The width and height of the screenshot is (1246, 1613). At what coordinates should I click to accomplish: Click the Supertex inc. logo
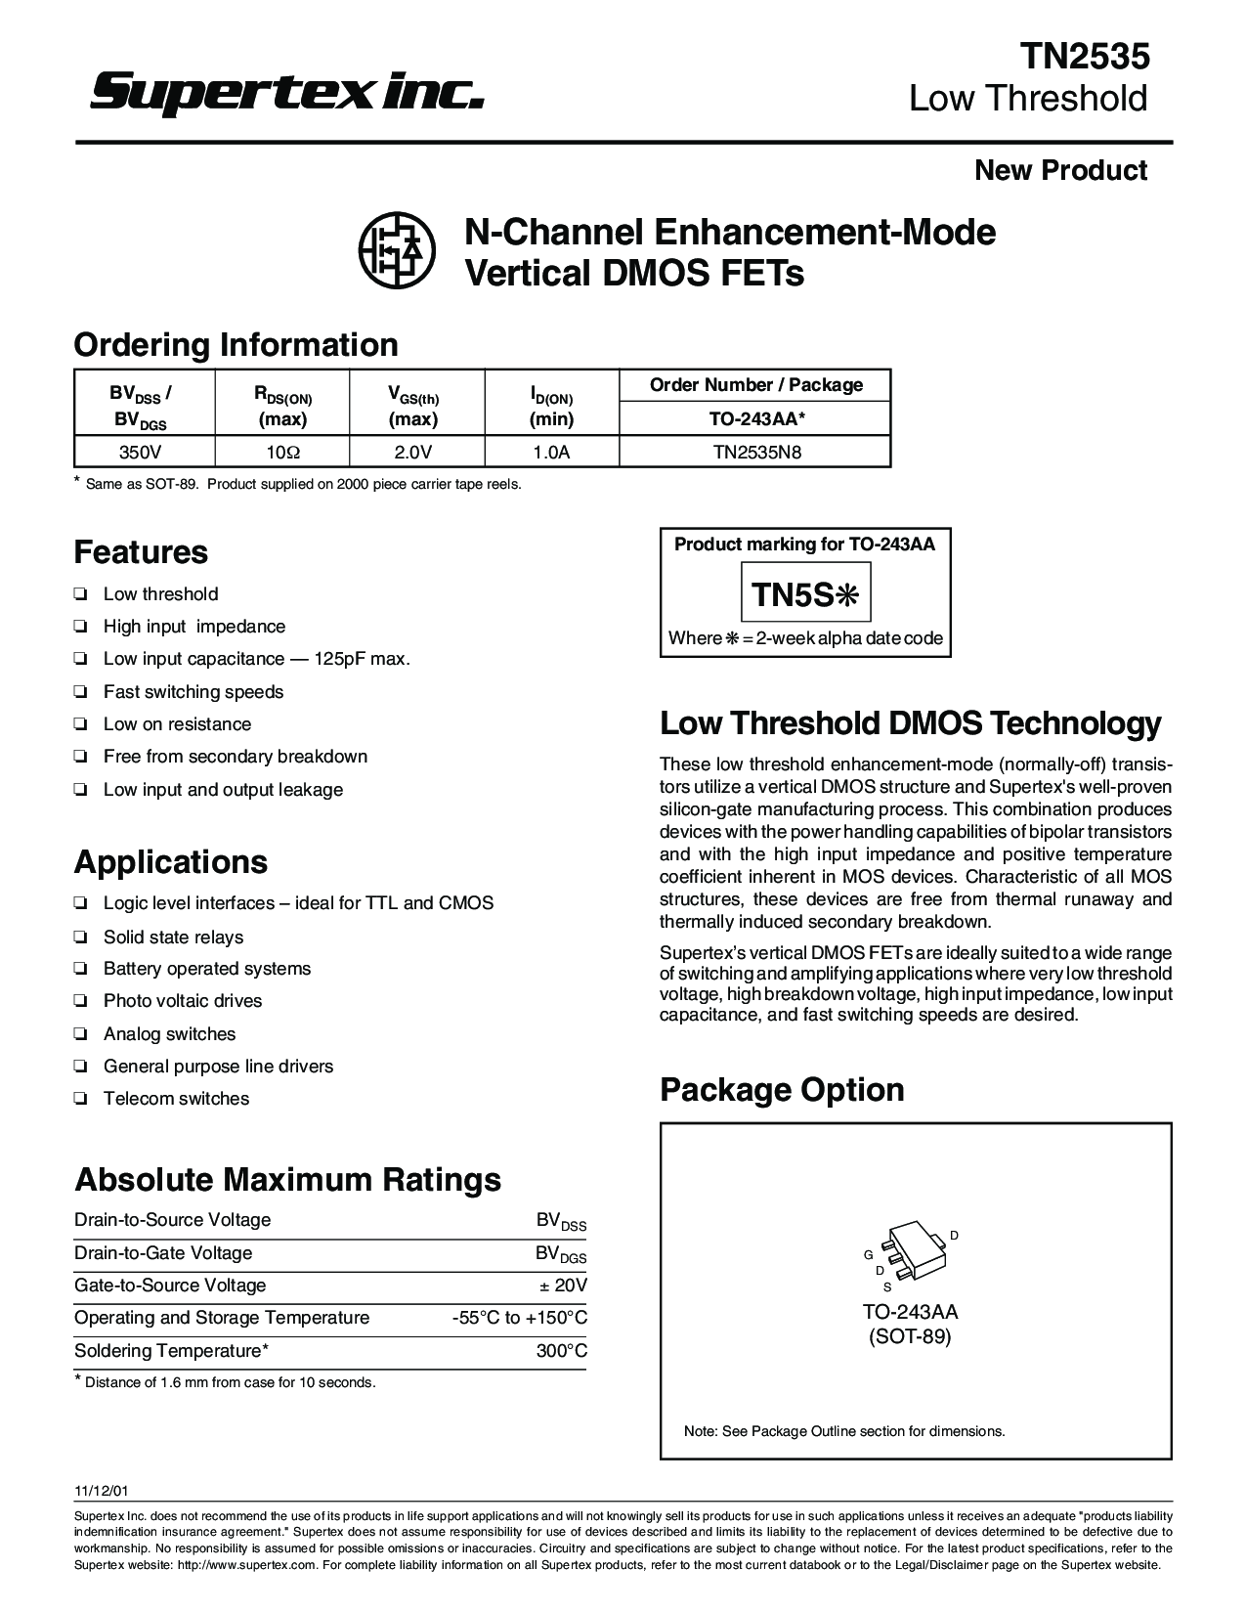pos(287,94)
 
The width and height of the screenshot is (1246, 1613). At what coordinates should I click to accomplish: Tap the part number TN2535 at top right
pos(1085,57)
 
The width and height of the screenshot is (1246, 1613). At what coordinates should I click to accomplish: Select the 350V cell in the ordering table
pos(143,452)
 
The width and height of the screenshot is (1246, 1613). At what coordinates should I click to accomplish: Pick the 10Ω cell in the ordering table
pos(281,452)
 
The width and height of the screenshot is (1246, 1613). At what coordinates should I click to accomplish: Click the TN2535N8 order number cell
pos(756,452)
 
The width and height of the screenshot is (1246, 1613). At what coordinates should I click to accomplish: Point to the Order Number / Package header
pos(756,385)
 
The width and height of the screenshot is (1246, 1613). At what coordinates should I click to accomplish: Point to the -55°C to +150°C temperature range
pos(519,1318)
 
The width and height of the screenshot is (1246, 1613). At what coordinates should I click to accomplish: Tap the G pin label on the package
pos(867,1254)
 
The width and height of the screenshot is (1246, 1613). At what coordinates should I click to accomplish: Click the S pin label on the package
pos(887,1287)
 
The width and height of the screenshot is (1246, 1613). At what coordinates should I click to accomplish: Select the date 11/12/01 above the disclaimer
pos(101,1492)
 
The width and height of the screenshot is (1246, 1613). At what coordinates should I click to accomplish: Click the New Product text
pos(1060,170)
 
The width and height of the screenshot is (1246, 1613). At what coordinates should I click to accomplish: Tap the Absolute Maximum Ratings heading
pos(287,1180)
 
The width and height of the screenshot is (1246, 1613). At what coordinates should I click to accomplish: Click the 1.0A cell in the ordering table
pos(551,452)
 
